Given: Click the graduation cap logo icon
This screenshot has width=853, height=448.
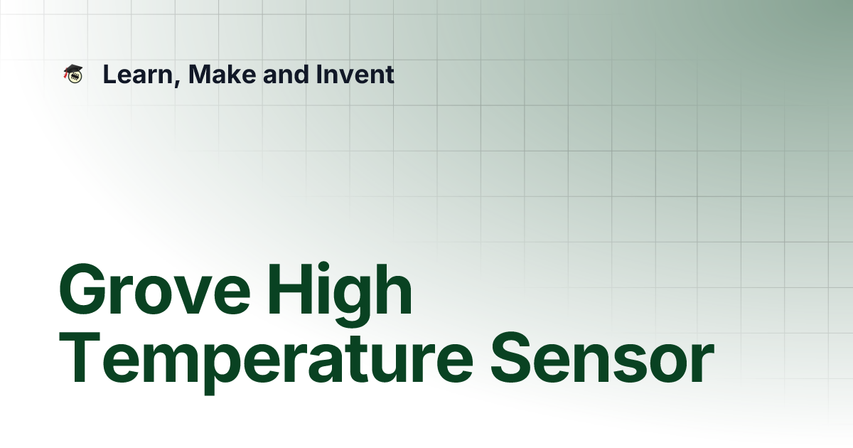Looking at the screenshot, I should tap(73, 74).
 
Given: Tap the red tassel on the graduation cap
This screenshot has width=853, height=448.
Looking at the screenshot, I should tap(65, 75).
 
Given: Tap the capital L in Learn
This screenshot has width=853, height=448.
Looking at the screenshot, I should tap(109, 74).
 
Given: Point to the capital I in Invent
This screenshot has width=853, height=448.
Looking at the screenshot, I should tap(316, 74).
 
